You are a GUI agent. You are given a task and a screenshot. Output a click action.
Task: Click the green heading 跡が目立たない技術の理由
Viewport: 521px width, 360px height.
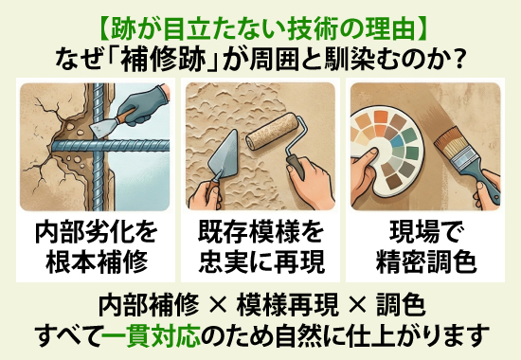click(x=260, y=19)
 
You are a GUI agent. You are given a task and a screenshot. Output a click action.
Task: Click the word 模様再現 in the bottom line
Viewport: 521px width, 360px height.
click(x=281, y=305)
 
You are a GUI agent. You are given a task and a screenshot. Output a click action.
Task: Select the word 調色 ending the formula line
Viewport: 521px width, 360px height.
click(x=398, y=305)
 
